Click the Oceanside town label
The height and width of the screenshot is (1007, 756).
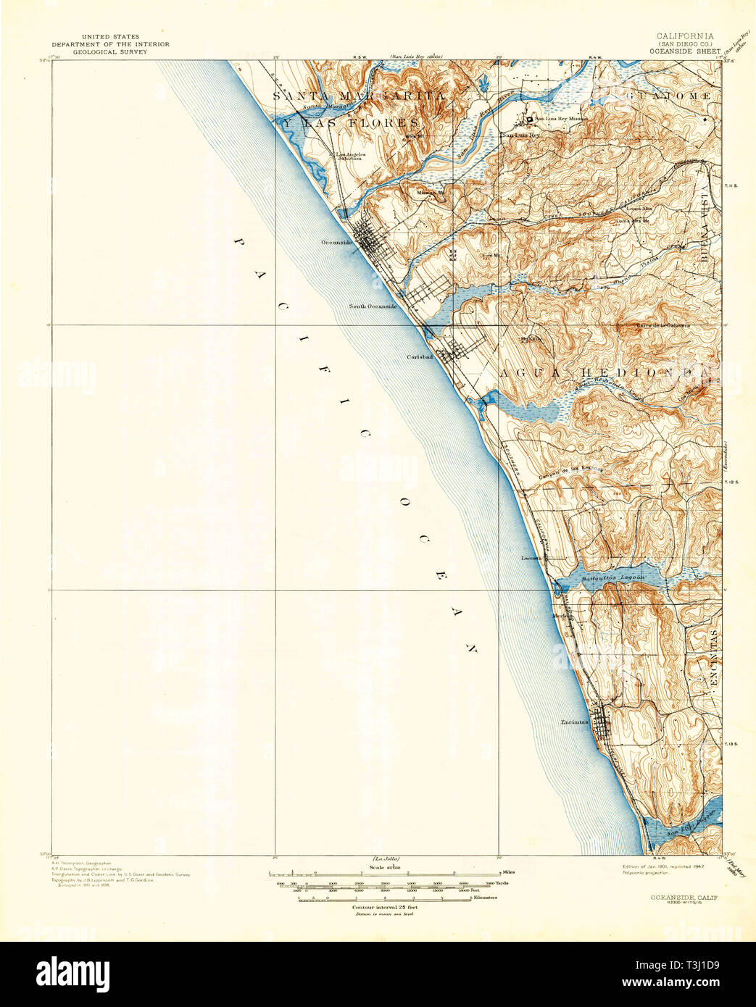(336, 243)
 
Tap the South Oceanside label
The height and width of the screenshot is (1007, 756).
(373, 306)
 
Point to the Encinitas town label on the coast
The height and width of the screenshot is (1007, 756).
(575, 722)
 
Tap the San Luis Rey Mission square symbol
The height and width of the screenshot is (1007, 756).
(530, 120)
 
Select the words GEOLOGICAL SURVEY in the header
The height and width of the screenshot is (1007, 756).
(110, 51)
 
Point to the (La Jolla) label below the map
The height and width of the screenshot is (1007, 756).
(386, 858)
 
